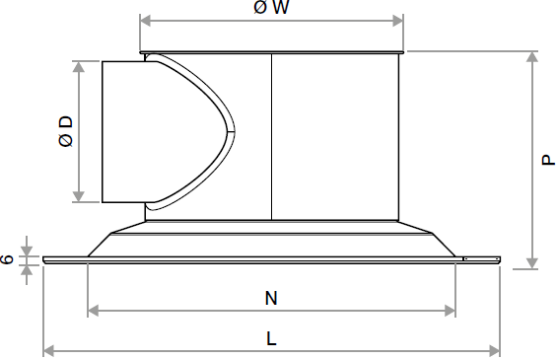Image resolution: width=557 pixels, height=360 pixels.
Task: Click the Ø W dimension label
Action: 271,7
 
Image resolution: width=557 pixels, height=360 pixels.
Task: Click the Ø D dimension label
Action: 66,131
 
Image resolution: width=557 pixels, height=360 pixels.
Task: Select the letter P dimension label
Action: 548,160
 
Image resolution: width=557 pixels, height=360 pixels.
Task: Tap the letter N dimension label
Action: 271,298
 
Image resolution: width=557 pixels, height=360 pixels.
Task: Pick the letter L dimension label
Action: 271,338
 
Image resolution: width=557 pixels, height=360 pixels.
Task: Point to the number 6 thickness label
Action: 7,259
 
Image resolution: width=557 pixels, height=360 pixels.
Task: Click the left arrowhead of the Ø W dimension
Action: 146,21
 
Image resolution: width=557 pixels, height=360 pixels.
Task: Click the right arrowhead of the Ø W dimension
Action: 398,21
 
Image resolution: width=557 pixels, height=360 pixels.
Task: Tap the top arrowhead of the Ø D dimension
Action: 79,67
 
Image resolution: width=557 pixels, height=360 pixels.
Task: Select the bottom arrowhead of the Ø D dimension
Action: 79,196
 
